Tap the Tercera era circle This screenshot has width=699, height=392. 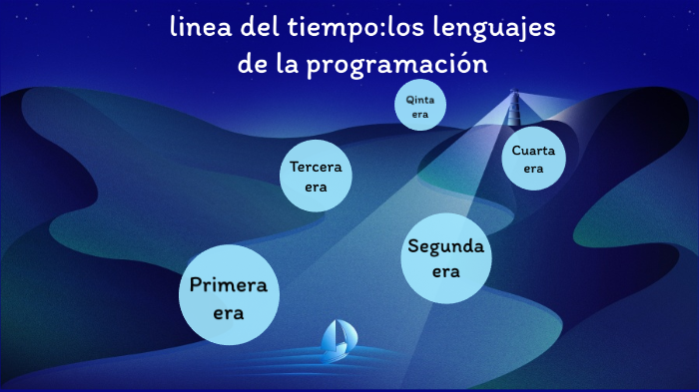pos(317,175)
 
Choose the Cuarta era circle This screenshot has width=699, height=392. pos(533,160)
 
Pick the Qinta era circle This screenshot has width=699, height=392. pos(419,106)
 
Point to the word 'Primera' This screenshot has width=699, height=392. pos(229,287)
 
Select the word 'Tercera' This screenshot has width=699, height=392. pos(317,167)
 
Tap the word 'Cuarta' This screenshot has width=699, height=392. pos(533,151)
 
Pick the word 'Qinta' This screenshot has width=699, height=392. pos(419,100)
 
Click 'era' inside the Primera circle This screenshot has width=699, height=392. pos(229,312)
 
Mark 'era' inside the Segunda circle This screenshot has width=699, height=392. pos(446,270)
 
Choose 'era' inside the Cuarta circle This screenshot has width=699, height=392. pos(533,169)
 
